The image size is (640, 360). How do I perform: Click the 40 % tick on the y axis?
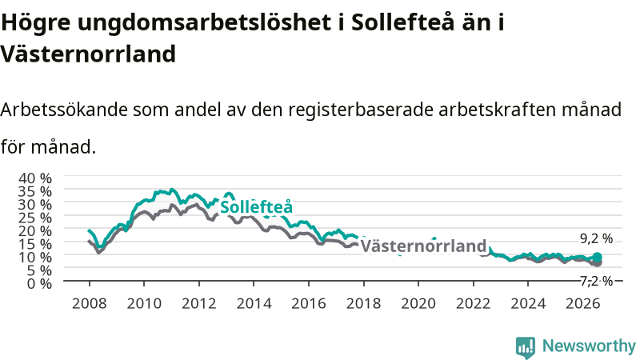coord(35,178)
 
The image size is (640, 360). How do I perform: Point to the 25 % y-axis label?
coord(35,218)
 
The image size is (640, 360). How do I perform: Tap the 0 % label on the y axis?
coord(39,283)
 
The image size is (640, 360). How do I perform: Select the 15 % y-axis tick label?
coord(35,244)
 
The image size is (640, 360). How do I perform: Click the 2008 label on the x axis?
coord(90,303)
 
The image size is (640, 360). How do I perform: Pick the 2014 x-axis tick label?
coord(254,303)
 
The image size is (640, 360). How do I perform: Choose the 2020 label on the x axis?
coord(418,303)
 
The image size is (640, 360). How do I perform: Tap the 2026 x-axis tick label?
coord(583,303)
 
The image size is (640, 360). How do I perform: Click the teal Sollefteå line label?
coord(256,207)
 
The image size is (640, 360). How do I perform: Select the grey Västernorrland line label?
coord(424,246)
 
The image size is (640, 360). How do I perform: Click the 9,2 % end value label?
coord(596,238)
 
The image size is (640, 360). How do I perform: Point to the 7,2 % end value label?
coord(596,281)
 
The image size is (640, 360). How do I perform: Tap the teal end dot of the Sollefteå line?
coord(597,257)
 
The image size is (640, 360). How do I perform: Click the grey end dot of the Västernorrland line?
coord(597,263)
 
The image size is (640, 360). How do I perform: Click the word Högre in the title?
coord(36,23)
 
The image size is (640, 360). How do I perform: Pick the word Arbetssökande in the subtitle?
coord(64,110)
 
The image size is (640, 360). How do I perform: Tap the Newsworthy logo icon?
coord(526,347)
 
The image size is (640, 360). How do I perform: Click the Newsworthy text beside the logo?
coord(589,346)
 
